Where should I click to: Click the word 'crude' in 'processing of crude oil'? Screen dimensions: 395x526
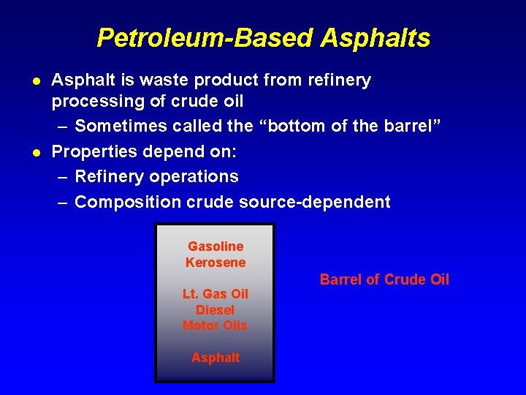point(191,101)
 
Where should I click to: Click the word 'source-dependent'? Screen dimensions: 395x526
point(314,201)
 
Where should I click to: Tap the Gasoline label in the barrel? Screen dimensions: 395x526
point(216,247)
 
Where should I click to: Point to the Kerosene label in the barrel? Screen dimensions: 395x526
point(216,262)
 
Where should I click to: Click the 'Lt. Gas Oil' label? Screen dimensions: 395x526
point(216,294)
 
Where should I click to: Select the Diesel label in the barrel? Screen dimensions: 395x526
point(216,309)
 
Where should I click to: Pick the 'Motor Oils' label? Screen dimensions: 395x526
point(216,326)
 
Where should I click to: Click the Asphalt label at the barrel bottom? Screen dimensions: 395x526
point(216,358)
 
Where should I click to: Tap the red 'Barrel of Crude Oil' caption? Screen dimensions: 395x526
point(384,279)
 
